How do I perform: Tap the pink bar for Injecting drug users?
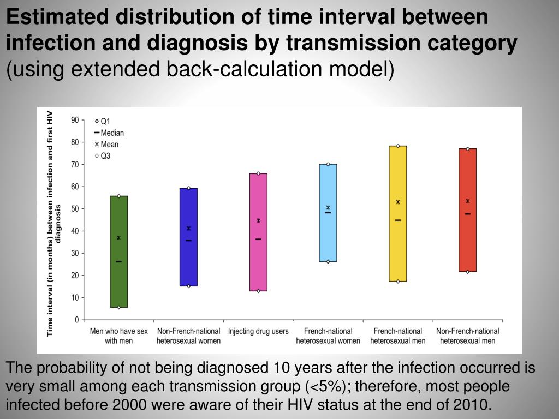point(258,262)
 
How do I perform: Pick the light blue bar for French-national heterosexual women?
point(328,235)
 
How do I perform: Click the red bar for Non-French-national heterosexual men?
point(468,240)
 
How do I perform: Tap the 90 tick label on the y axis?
point(75,120)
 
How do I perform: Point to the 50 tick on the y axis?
point(75,209)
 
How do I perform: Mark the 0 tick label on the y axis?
point(77,320)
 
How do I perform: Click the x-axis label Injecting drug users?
point(258,331)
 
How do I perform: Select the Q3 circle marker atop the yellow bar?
point(398,146)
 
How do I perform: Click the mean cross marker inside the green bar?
point(118,238)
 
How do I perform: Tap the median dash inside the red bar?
point(468,214)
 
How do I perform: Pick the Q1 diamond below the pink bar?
point(258,291)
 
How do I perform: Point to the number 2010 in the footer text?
point(471,404)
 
